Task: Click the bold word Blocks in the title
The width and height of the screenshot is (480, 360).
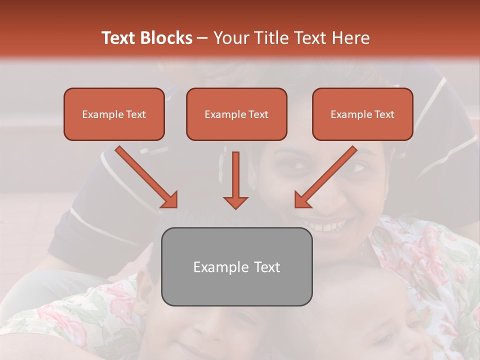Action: pyautogui.click(x=167, y=38)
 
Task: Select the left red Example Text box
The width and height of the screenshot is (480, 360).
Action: pyautogui.click(x=114, y=114)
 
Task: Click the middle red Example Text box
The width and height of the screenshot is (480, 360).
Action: pyautogui.click(x=236, y=114)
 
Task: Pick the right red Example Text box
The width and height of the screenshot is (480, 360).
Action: pyautogui.click(x=362, y=114)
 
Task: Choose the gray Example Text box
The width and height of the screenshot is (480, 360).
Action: pyautogui.click(x=236, y=266)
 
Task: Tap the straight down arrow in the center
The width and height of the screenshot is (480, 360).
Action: pyautogui.click(x=235, y=180)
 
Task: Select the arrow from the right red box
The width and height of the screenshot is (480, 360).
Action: pyautogui.click(x=325, y=177)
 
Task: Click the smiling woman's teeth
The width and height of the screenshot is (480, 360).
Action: pyautogui.click(x=327, y=226)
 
